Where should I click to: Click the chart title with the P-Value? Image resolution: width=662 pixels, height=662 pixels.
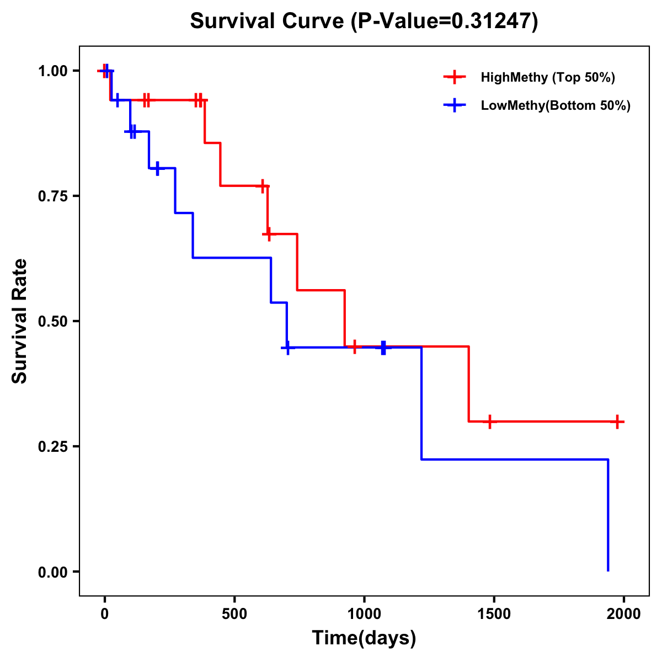pyautogui.click(x=364, y=21)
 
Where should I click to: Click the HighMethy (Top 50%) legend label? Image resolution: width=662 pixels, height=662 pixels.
pyautogui.click(x=547, y=77)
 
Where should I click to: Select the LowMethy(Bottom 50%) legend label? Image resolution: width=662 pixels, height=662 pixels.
pyautogui.click(x=555, y=105)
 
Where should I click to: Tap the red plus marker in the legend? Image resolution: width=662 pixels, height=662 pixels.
pyautogui.click(x=455, y=77)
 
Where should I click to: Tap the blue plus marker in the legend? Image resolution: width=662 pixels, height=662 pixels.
pyautogui.click(x=455, y=105)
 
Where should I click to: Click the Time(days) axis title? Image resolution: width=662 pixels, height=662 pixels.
pyautogui.click(x=364, y=638)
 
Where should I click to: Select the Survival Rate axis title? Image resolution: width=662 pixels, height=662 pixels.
pyautogui.click(x=20, y=321)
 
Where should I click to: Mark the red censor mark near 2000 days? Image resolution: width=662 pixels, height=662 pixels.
pyautogui.click(x=617, y=421)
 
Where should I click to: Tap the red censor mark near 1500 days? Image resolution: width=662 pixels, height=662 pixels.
pyautogui.click(x=489, y=421)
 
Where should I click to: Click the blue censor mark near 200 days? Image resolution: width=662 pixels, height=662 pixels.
pyautogui.click(x=157, y=168)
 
